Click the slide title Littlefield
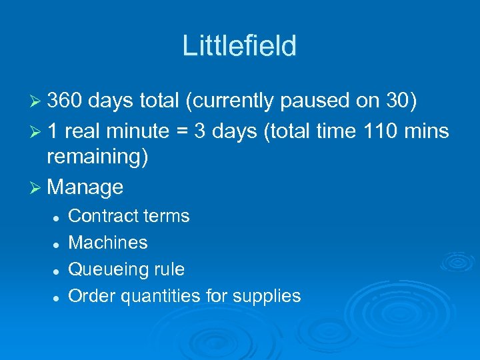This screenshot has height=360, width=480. (239, 46)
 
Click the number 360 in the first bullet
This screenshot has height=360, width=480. (64, 100)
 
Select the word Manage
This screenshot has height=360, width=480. (85, 187)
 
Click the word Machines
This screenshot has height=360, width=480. (108, 243)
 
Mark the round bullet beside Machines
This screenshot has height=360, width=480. (58, 244)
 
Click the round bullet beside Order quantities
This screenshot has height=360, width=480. (58, 297)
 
